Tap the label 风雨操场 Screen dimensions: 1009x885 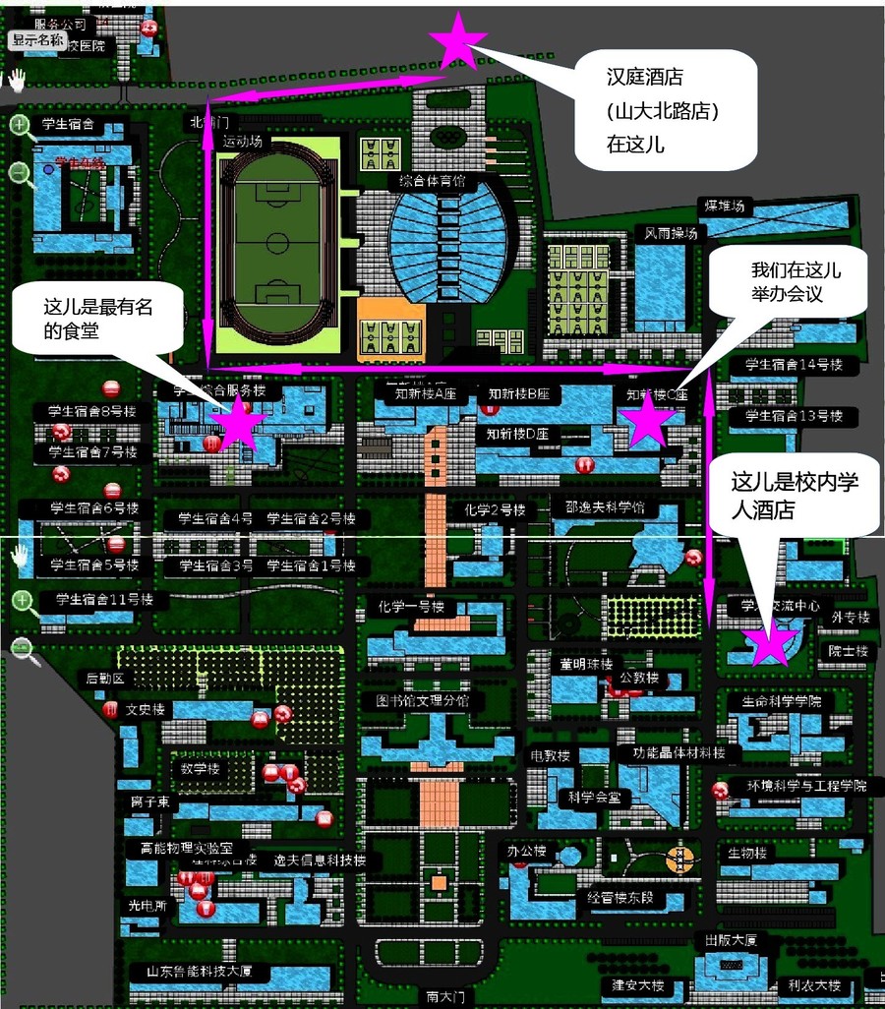672,234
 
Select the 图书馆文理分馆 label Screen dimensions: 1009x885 423,701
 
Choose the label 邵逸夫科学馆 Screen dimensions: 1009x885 605,508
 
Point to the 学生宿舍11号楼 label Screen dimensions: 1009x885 104,599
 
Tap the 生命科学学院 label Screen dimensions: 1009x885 782,702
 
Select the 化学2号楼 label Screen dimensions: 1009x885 496,510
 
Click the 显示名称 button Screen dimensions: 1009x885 38,41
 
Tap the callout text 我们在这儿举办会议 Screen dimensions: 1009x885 796,282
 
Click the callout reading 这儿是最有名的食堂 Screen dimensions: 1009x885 98,320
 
